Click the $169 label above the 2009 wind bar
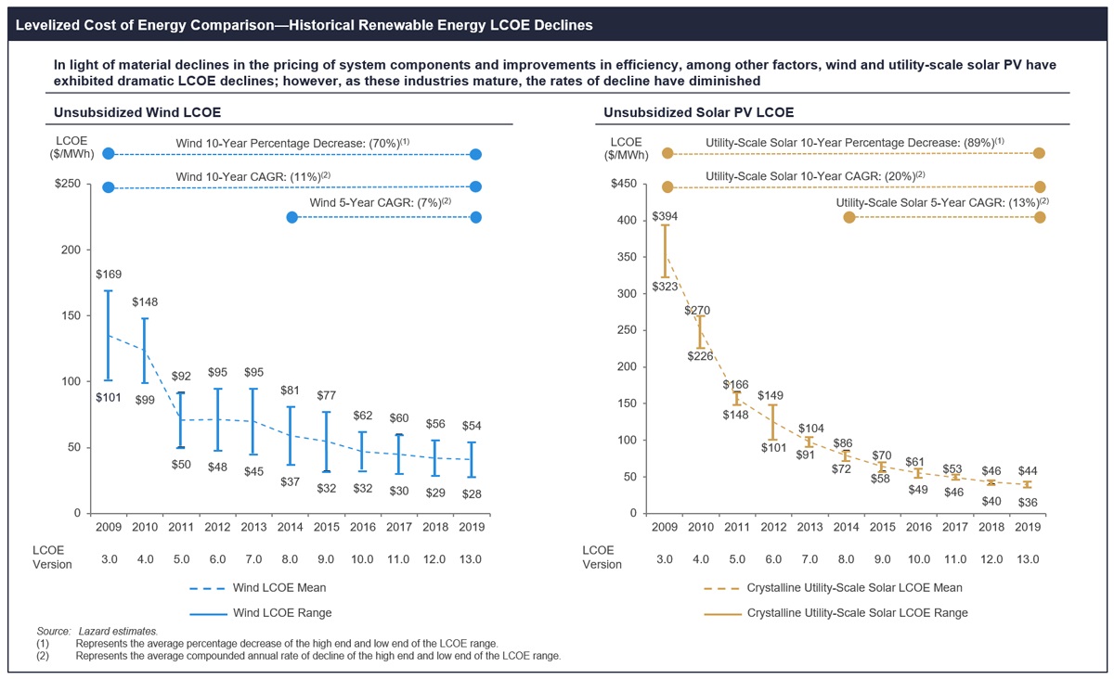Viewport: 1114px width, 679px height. [x=108, y=275]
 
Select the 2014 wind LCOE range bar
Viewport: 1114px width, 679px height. [x=291, y=435]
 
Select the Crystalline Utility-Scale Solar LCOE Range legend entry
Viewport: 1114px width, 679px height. [x=857, y=613]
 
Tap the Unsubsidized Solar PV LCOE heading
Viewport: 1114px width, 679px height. [x=698, y=113]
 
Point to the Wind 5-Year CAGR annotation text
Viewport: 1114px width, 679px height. [x=380, y=202]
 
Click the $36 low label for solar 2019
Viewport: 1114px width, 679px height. [x=1028, y=502]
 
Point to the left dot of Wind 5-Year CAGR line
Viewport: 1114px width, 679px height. [x=291, y=217]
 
